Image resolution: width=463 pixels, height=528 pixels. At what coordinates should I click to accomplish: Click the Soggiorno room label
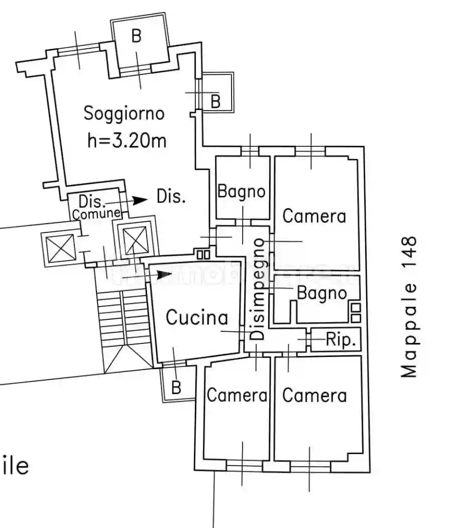coord(124,113)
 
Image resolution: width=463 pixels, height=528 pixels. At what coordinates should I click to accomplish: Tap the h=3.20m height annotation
coord(127,140)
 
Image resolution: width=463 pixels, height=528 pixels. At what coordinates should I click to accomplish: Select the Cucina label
coord(197,317)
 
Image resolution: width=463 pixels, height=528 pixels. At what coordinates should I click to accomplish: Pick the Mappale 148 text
coord(410,307)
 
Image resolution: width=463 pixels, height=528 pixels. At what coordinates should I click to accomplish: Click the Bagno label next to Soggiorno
coord(242,191)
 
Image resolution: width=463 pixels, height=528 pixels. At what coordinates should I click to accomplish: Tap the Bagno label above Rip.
coord(322,293)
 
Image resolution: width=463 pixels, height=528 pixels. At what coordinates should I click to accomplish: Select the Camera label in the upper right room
coord(314,216)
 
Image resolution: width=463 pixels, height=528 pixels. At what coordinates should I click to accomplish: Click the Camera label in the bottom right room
coord(314,395)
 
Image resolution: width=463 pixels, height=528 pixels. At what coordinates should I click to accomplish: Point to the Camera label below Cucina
coord(237,395)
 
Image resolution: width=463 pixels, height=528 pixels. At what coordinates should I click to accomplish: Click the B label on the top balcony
coord(137,36)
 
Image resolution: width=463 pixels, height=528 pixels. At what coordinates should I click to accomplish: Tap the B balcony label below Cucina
coord(176,387)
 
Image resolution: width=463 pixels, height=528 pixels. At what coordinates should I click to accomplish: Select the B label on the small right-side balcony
coord(215,101)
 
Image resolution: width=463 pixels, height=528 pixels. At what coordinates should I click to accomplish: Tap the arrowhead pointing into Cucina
coord(165,275)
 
